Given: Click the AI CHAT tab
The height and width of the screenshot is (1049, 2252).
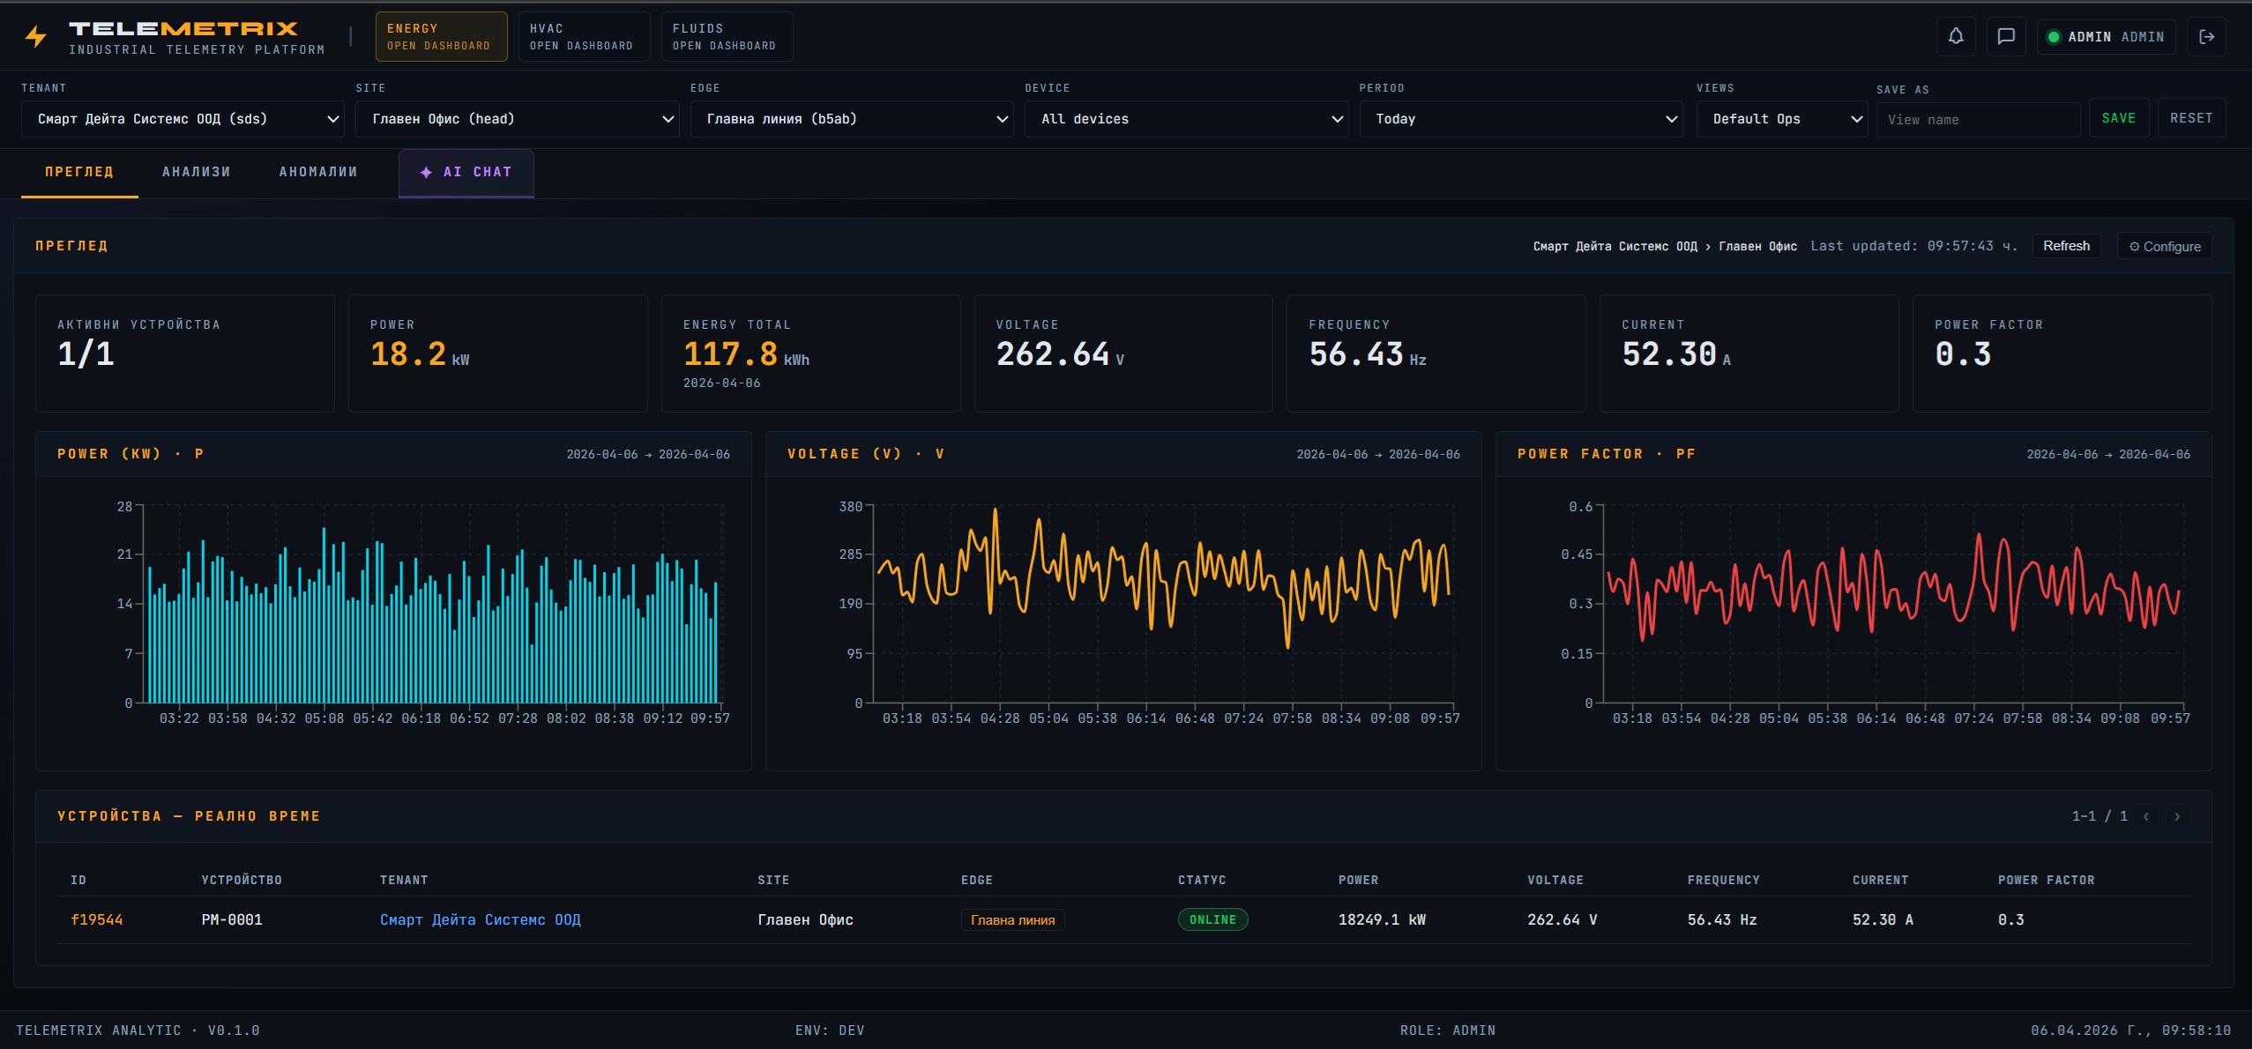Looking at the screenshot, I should coord(466,173).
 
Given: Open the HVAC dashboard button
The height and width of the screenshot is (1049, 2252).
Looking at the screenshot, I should coord(583,37).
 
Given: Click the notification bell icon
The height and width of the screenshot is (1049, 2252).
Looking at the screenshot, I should coord(1955,37).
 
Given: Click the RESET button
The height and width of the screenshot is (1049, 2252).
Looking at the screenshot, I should coord(2190,118).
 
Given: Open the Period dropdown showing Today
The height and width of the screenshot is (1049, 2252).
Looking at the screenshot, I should coord(1520,119).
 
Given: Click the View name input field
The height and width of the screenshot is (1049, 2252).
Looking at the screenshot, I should coord(1977,120).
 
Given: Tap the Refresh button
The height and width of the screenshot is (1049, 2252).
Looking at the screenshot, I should coord(2065,246).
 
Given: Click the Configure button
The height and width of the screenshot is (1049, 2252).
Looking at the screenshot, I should coord(2165,247).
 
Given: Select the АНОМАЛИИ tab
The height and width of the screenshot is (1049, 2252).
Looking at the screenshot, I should coord(318,173).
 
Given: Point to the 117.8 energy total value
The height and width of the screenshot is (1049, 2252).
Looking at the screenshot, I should coord(730,354).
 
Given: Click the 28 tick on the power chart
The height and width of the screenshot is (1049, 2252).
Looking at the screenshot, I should coord(124,507).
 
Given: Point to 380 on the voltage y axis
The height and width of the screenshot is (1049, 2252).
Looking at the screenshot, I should coord(850,507).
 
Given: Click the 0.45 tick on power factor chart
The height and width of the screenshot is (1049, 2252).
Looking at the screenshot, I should coord(1577,554).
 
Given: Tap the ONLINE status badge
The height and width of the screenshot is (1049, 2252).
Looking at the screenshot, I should coord(1212,919).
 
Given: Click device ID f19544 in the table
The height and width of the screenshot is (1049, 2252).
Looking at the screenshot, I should coord(96,919).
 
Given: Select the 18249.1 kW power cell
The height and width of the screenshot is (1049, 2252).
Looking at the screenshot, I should coord(1381,919).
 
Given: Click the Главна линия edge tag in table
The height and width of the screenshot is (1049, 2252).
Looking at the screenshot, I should coord(1012,920).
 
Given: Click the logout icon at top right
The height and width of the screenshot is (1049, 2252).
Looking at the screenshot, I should coord(2206,37).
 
